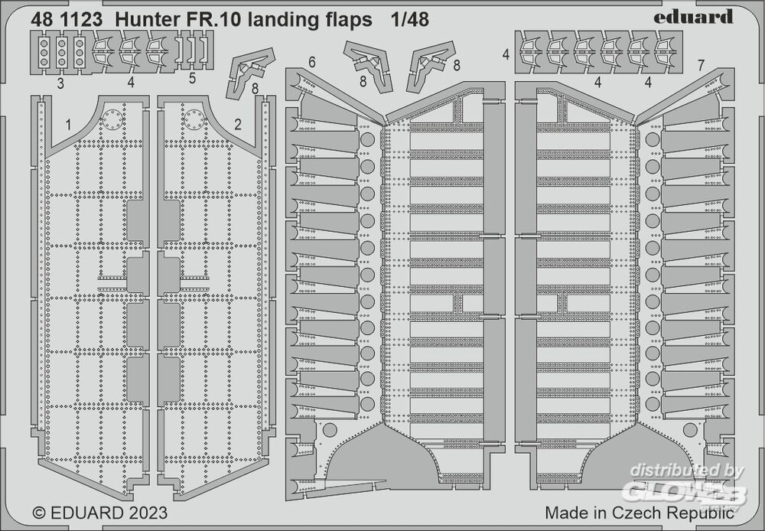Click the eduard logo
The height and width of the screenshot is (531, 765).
click(x=693, y=17)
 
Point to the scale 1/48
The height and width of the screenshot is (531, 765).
click(x=409, y=20)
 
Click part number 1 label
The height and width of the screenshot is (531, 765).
click(x=68, y=125)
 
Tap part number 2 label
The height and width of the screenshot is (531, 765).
click(x=238, y=125)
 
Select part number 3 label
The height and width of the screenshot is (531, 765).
click(x=60, y=84)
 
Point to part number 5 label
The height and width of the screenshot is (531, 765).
click(x=192, y=78)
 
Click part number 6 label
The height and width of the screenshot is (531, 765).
click(x=312, y=63)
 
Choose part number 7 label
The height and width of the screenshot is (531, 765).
click(x=701, y=65)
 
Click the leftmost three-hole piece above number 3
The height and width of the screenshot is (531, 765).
click(x=44, y=52)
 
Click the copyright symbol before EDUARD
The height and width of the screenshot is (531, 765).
click(x=39, y=513)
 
